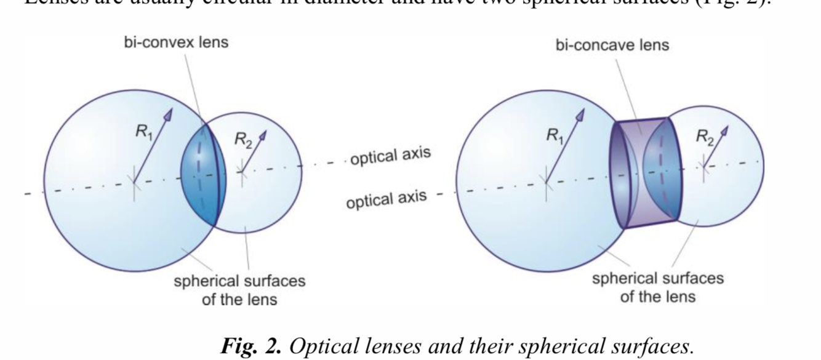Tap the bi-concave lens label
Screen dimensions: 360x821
tap(612, 46)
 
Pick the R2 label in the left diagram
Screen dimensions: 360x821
tap(242, 140)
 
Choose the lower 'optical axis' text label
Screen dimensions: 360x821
tap(386, 199)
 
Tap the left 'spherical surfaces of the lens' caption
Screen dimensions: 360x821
tap(239, 290)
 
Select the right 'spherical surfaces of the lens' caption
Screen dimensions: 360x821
tap(658, 287)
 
